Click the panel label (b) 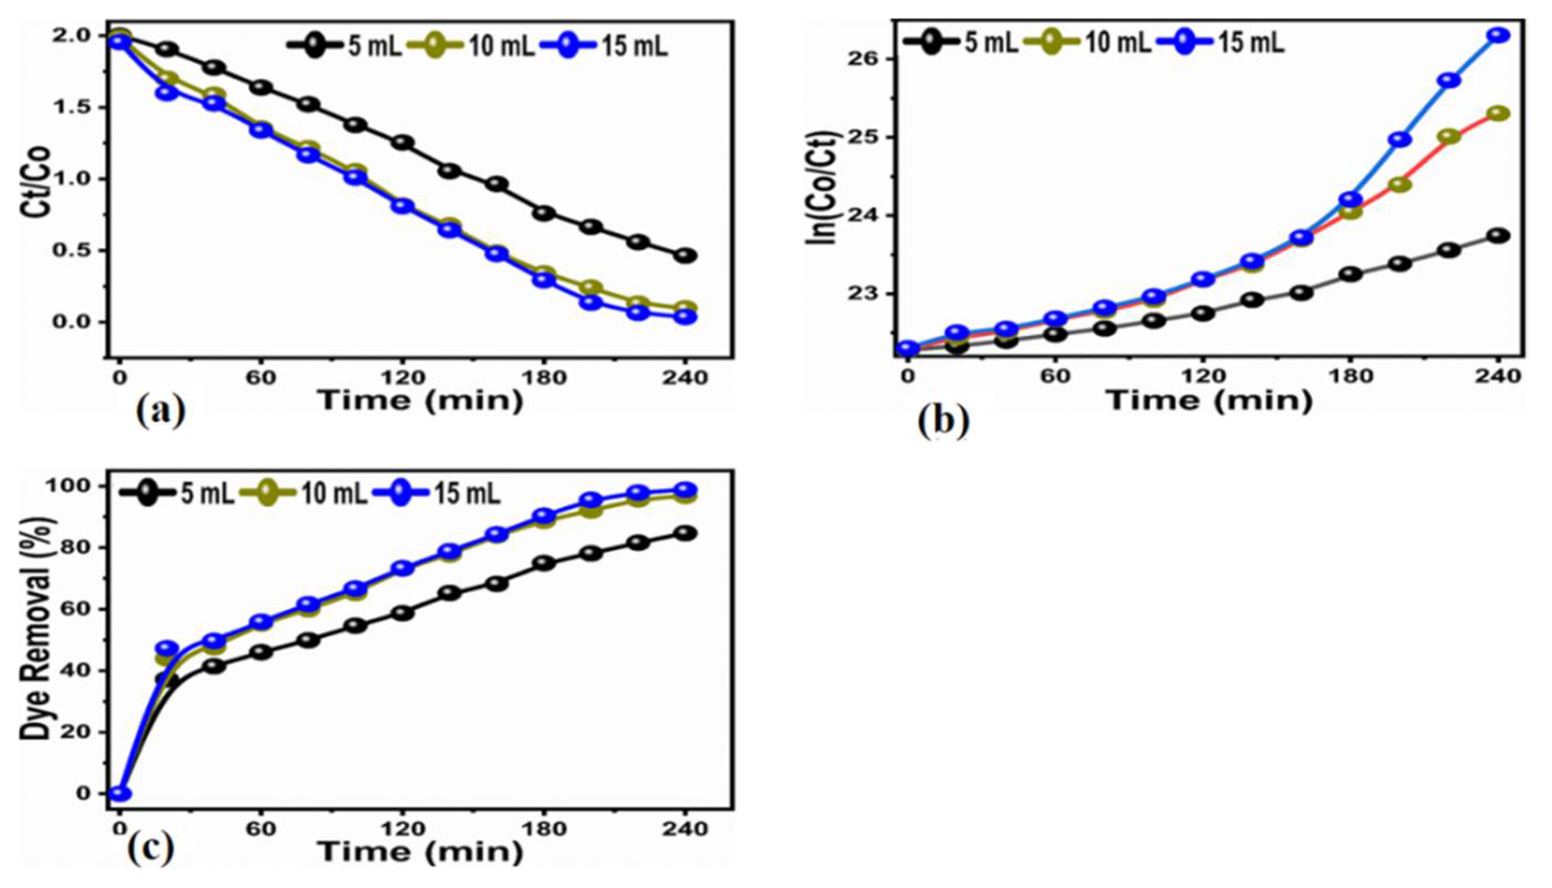click(944, 421)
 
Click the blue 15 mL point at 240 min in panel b click(1498, 36)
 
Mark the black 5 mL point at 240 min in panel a click(686, 255)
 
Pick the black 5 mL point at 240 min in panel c click(686, 533)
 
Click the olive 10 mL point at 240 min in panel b click(1498, 113)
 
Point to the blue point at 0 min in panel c click(119, 794)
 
